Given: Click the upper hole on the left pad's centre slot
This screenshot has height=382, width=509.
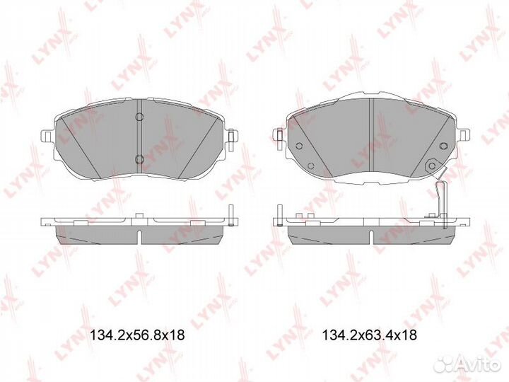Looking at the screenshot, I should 139,115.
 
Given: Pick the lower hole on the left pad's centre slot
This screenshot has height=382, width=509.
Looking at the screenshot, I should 139,157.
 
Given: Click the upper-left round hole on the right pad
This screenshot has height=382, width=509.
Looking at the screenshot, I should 299,147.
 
